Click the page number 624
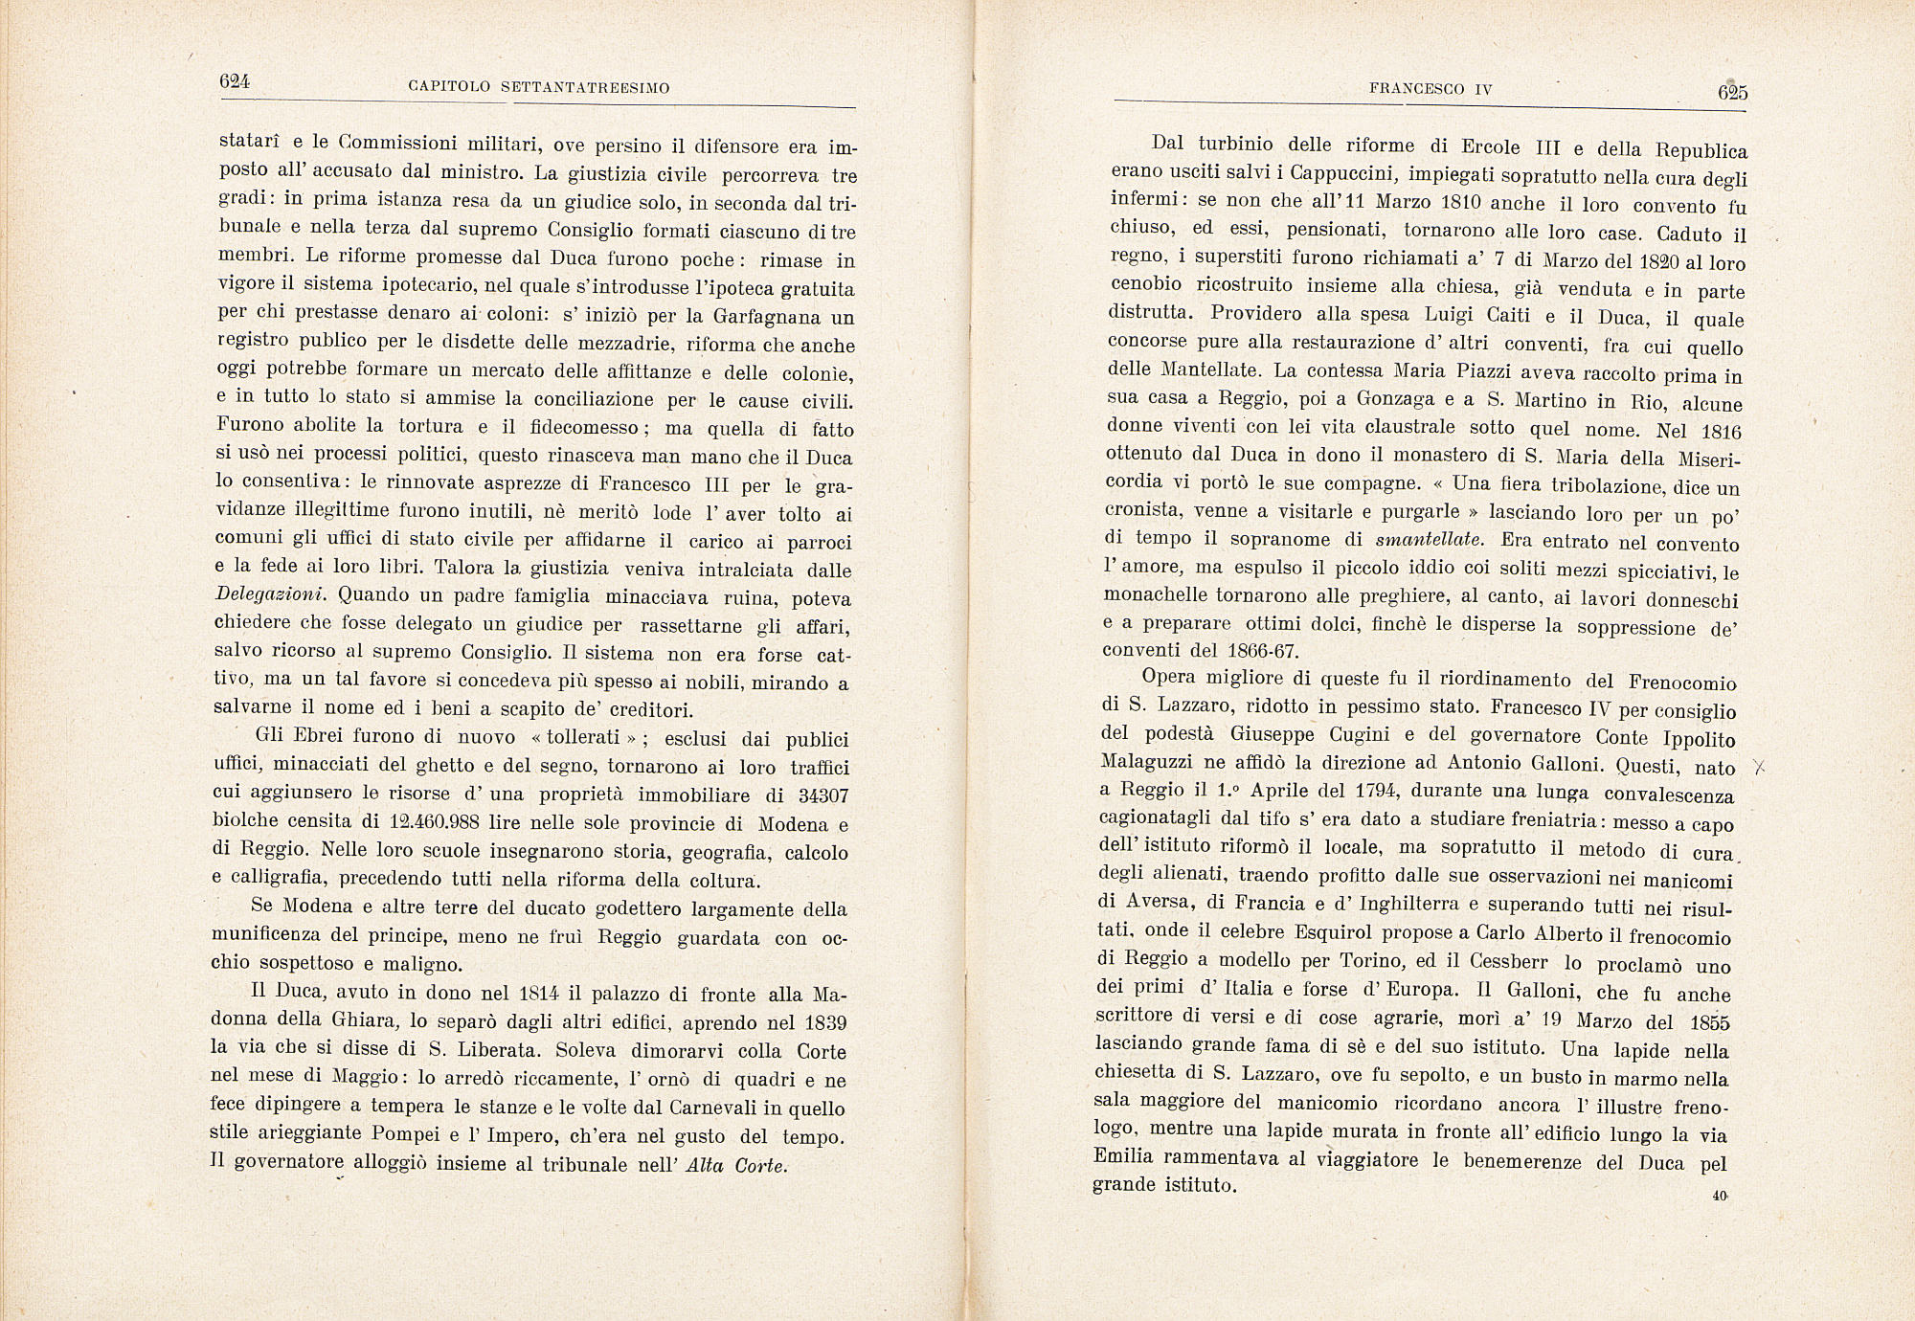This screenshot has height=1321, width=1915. click(235, 82)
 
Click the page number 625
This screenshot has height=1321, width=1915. click(1732, 92)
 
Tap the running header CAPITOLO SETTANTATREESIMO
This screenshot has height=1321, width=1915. click(539, 88)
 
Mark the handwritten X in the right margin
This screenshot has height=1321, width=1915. click(1758, 767)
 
